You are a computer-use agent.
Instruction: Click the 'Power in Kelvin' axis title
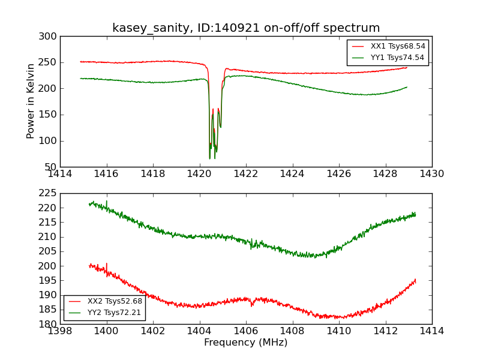pyautogui.click(x=31, y=101)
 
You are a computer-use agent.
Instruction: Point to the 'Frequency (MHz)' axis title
pyautogui.click(x=246, y=343)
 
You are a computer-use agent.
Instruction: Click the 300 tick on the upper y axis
pyautogui.click(x=50, y=37)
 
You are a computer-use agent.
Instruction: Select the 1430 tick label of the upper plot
pyautogui.click(x=432, y=174)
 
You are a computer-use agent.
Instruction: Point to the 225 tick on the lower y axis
pyautogui.click(x=50, y=193)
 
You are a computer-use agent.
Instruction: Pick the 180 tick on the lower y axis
pyautogui.click(x=50, y=324)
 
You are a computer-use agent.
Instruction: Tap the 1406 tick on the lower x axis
pyautogui.click(x=246, y=331)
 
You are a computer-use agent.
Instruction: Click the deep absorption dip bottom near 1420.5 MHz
pyautogui.click(x=210, y=158)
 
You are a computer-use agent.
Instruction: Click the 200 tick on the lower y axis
pyautogui.click(x=50, y=266)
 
